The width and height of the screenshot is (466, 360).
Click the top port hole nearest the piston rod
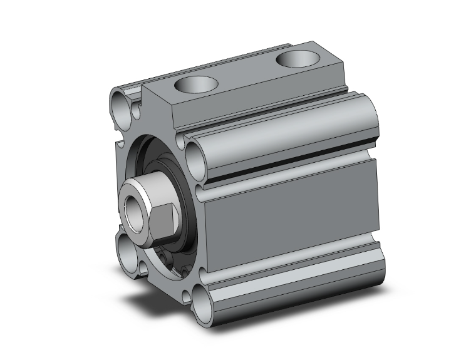pyautogui.click(x=195, y=83)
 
